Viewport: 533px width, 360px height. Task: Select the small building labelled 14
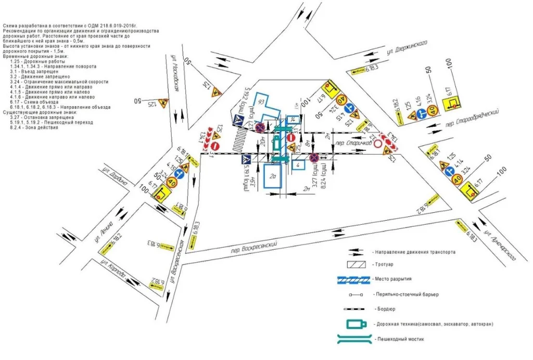294,120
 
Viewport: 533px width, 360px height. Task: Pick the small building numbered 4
298,164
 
